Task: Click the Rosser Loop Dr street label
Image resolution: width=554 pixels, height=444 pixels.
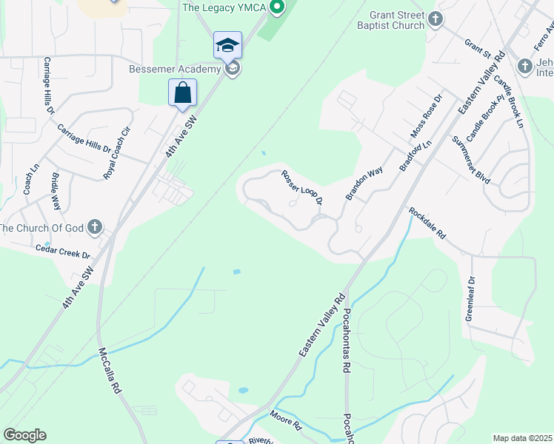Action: (301, 187)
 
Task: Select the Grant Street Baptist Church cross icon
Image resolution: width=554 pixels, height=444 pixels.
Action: (437, 18)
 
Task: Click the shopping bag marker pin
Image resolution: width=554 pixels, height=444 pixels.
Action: (182, 93)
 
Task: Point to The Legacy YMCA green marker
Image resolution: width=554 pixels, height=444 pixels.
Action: (277, 8)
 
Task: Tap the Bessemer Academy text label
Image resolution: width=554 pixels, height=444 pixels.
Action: (175, 69)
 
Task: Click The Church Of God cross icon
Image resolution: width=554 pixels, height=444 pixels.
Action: (94, 226)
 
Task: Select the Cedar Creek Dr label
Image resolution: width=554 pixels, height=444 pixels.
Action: (63, 252)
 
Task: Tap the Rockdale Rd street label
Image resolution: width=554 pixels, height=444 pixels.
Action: (427, 223)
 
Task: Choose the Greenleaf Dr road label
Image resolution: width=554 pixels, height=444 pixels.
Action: (470, 295)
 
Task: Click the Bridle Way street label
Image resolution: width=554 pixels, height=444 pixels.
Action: (56, 193)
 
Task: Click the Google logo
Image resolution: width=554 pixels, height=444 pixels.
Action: (24, 435)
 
